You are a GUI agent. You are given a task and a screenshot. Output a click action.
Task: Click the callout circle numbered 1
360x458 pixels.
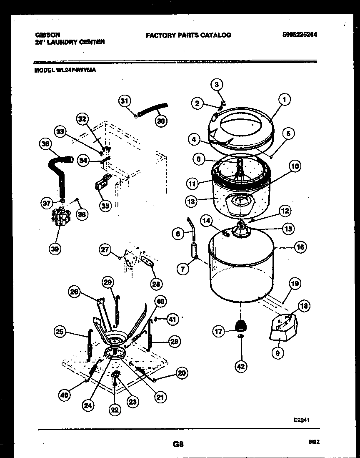(284, 100)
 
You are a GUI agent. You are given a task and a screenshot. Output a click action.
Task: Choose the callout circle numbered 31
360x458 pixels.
(124, 101)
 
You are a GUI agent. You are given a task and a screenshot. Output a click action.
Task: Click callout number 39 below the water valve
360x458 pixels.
(54, 249)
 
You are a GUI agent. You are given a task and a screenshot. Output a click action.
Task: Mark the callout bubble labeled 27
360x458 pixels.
(105, 250)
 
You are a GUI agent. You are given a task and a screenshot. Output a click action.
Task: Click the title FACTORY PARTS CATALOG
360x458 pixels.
(188, 35)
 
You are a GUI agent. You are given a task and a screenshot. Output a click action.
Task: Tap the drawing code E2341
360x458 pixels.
(301, 420)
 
